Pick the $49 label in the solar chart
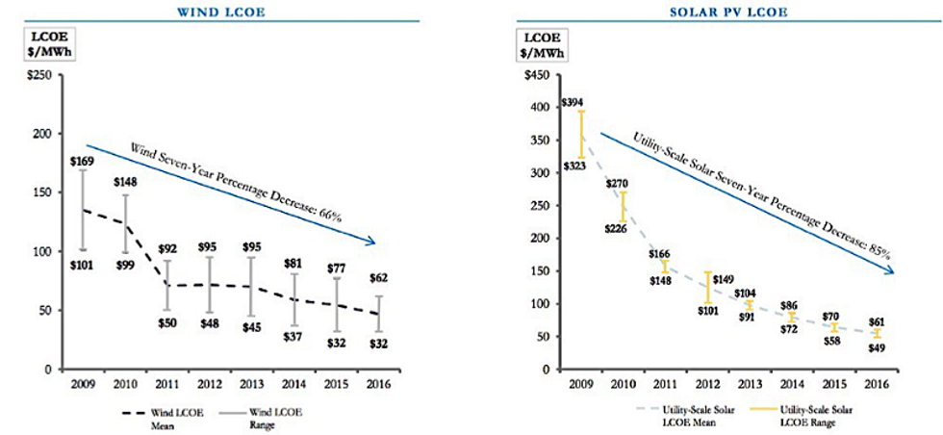pos(877,348)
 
